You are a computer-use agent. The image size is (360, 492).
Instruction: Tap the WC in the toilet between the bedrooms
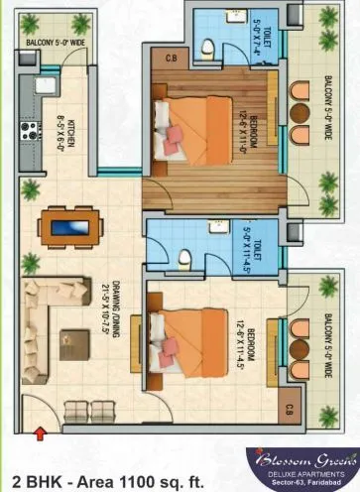pos(184,260)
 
